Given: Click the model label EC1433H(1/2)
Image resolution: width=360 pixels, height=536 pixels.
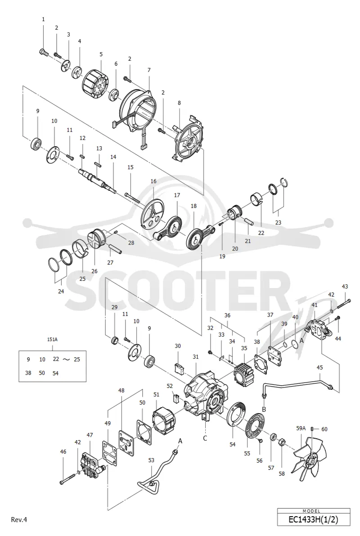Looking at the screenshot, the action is point(313,520).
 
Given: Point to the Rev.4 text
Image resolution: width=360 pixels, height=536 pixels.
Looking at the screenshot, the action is point(19,520).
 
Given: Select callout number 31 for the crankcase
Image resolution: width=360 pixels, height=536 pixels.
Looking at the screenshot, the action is point(196,357).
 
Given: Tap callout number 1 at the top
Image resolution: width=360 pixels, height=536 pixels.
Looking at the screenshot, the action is point(43,19).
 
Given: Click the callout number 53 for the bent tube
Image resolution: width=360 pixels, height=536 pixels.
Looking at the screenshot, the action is point(151,460).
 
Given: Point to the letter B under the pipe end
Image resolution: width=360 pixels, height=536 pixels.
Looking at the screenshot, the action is point(264,409).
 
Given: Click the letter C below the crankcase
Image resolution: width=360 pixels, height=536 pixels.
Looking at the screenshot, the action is point(205,438).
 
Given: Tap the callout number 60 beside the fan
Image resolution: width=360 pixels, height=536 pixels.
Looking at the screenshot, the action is point(324,429).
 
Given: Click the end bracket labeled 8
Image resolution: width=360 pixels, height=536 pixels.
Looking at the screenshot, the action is point(188,137).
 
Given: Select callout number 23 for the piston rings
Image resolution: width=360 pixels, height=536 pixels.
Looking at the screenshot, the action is point(278,222).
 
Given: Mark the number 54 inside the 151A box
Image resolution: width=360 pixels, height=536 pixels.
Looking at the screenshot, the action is point(55,373).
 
